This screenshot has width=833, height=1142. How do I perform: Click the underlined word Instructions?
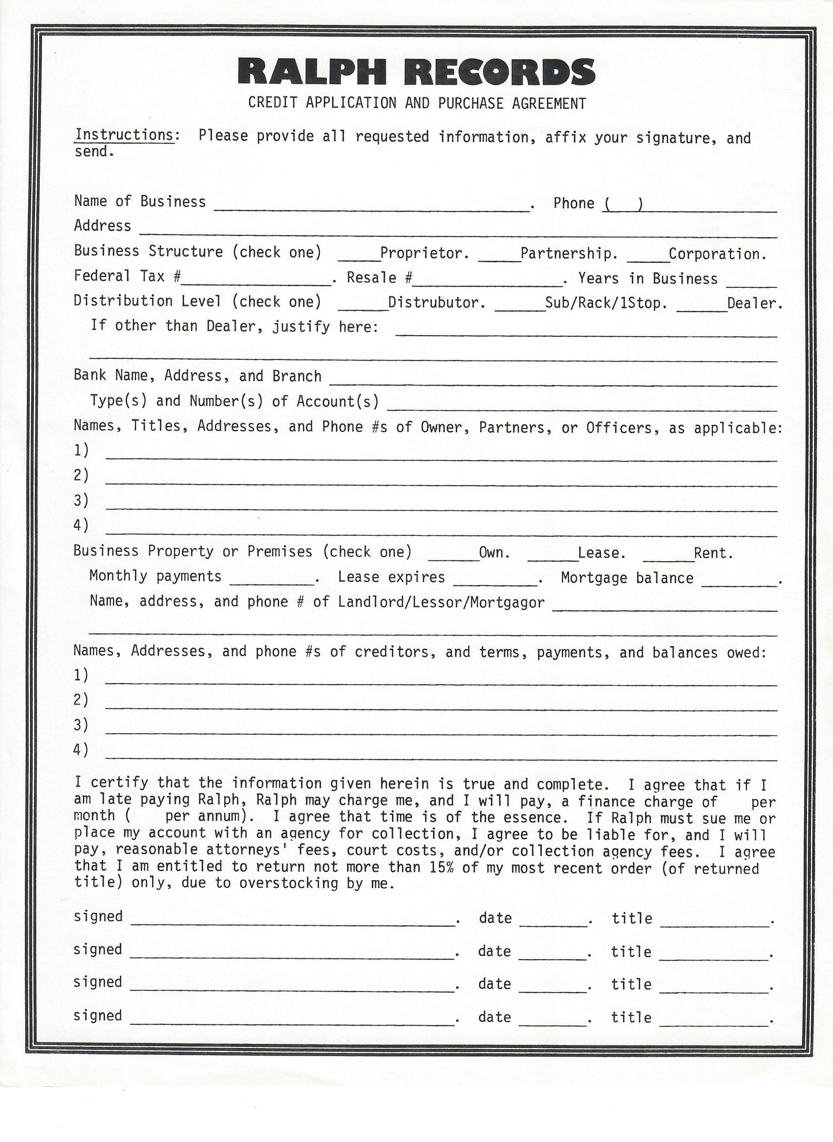[x=124, y=135]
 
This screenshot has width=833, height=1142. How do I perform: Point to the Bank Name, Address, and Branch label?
[x=197, y=376]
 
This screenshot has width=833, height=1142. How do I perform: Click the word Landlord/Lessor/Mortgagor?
[x=441, y=603]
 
